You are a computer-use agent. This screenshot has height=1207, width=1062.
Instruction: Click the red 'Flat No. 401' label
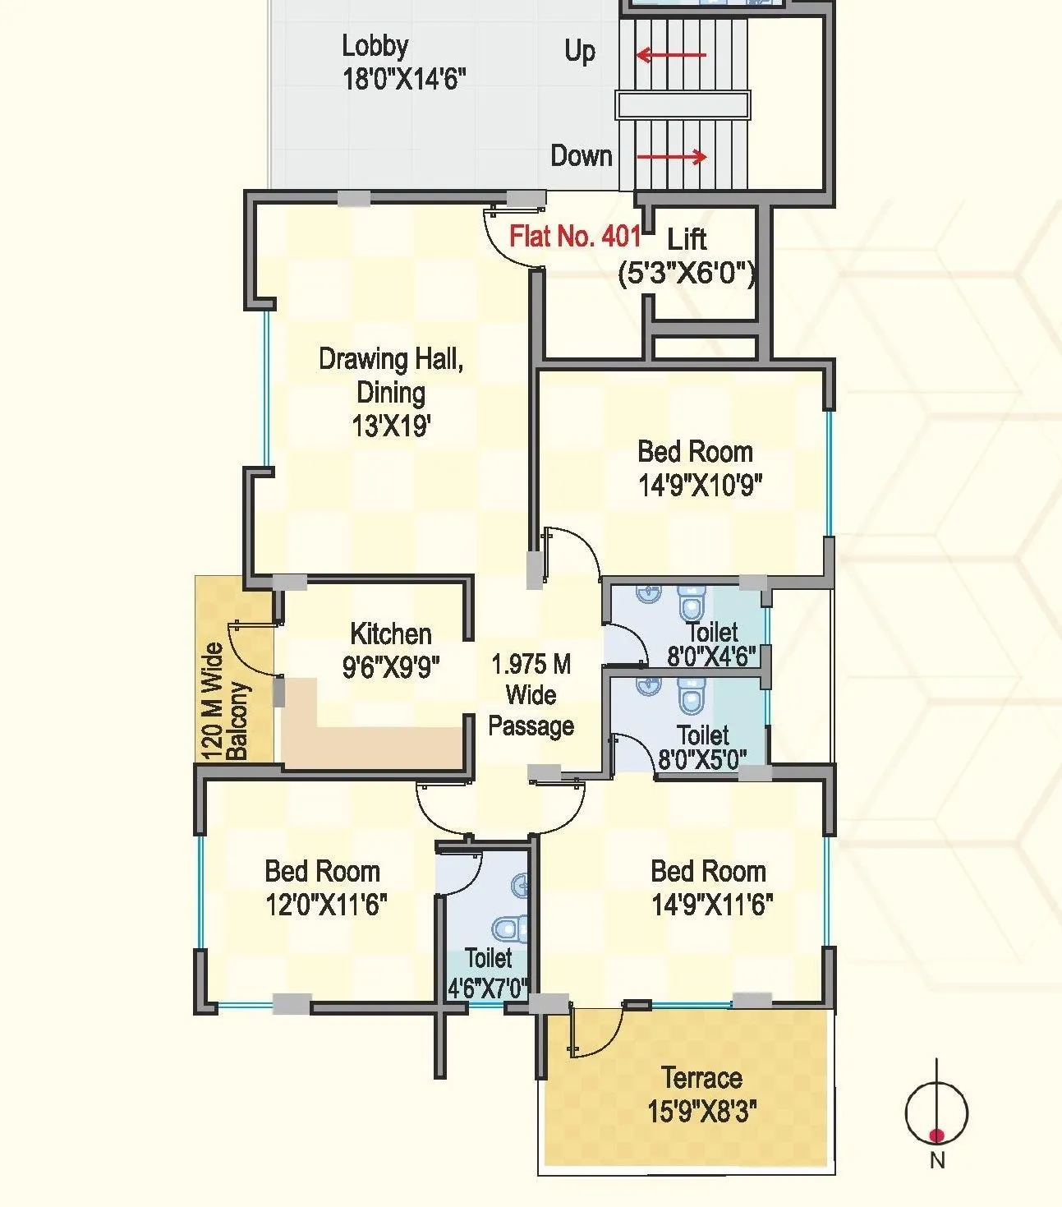pyautogui.click(x=574, y=237)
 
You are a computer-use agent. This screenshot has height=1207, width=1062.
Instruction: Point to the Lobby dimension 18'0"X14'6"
pyautogui.click(x=404, y=80)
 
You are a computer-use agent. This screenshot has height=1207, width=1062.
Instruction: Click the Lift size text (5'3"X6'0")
pyautogui.click(x=687, y=273)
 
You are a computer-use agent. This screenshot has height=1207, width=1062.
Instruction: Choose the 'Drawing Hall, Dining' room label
pyautogui.click(x=391, y=375)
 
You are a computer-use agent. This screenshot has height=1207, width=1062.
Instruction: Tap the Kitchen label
pyautogui.click(x=391, y=633)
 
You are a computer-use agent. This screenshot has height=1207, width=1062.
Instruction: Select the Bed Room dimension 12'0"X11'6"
pyautogui.click(x=326, y=905)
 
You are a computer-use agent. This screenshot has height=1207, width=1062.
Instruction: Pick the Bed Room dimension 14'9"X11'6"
pyautogui.click(x=711, y=905)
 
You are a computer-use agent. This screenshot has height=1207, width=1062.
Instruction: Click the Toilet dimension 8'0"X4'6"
pyautogui.click(x=711, y=656)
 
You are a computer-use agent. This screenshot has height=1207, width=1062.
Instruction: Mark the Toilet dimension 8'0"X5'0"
pyautogui.click(x=703, y=758)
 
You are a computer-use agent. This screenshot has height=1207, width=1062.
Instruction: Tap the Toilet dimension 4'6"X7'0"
pyautogui.click(x=487, y=988)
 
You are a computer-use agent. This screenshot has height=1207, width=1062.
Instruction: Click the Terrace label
pyautogui.click(x=701, y=1077)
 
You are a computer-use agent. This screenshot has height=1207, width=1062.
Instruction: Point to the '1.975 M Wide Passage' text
pyautogui.click(x=531, y=695)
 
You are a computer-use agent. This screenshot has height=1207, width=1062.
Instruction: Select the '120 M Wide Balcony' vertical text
pyautogui.click(x=224, y=701)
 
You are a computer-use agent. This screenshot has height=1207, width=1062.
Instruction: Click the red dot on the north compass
pyautogui.click(x=936, y=1136)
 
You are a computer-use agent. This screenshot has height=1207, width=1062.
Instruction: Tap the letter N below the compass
pyautogui.click(x=937, y=1161)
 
